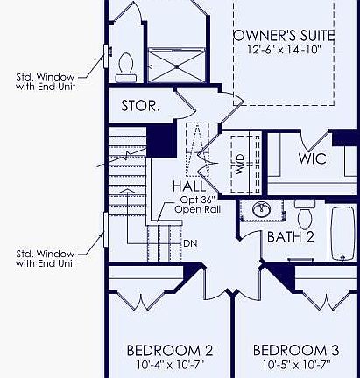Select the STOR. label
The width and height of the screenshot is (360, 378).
click(x=140, y=107)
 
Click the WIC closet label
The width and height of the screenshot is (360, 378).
click(x=313, y=158)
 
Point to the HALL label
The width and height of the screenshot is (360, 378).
click(x=189, y=186)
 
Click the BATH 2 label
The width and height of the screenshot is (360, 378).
click(x=289, y=237)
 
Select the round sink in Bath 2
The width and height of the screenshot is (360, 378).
click(x=260, y=211)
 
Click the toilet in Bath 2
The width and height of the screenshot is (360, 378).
click(x=306, y=213)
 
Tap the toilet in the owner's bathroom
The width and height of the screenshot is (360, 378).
click(x=124, y=62)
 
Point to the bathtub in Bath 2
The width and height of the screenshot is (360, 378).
click(x=345, y=234)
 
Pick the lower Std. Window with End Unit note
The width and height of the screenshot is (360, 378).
click(x=44, y=258)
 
